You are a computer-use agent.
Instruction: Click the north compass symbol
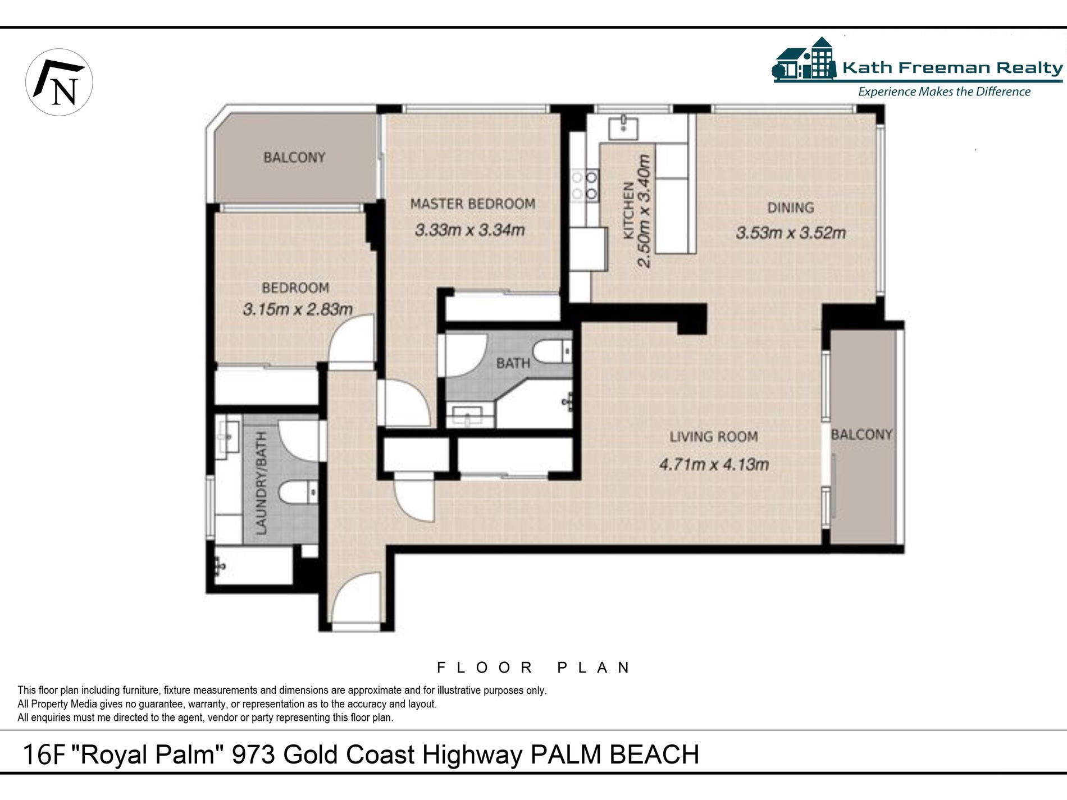[59, 82]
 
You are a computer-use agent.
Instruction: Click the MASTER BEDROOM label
[472, 204]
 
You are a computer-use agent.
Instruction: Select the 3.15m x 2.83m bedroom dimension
[298, 309]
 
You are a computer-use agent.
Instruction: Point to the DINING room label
[791, 208]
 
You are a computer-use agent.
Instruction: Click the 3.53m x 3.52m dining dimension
[791, 232]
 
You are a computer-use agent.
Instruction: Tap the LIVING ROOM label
[713, 436]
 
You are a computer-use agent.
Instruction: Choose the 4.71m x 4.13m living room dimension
[714, 464]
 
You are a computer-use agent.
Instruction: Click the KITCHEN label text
[629, 211]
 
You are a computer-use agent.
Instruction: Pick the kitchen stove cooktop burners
[585, 186]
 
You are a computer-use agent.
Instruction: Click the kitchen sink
[623, 126]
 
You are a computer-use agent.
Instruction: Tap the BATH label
[513, 363]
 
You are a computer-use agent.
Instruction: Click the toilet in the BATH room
[553, 351]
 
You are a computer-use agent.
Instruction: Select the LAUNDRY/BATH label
[261, 483]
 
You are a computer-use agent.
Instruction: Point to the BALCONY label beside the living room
[861, 435]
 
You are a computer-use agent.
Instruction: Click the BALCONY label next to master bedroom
[294, 157]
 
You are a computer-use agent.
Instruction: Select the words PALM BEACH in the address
[615, 754]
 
